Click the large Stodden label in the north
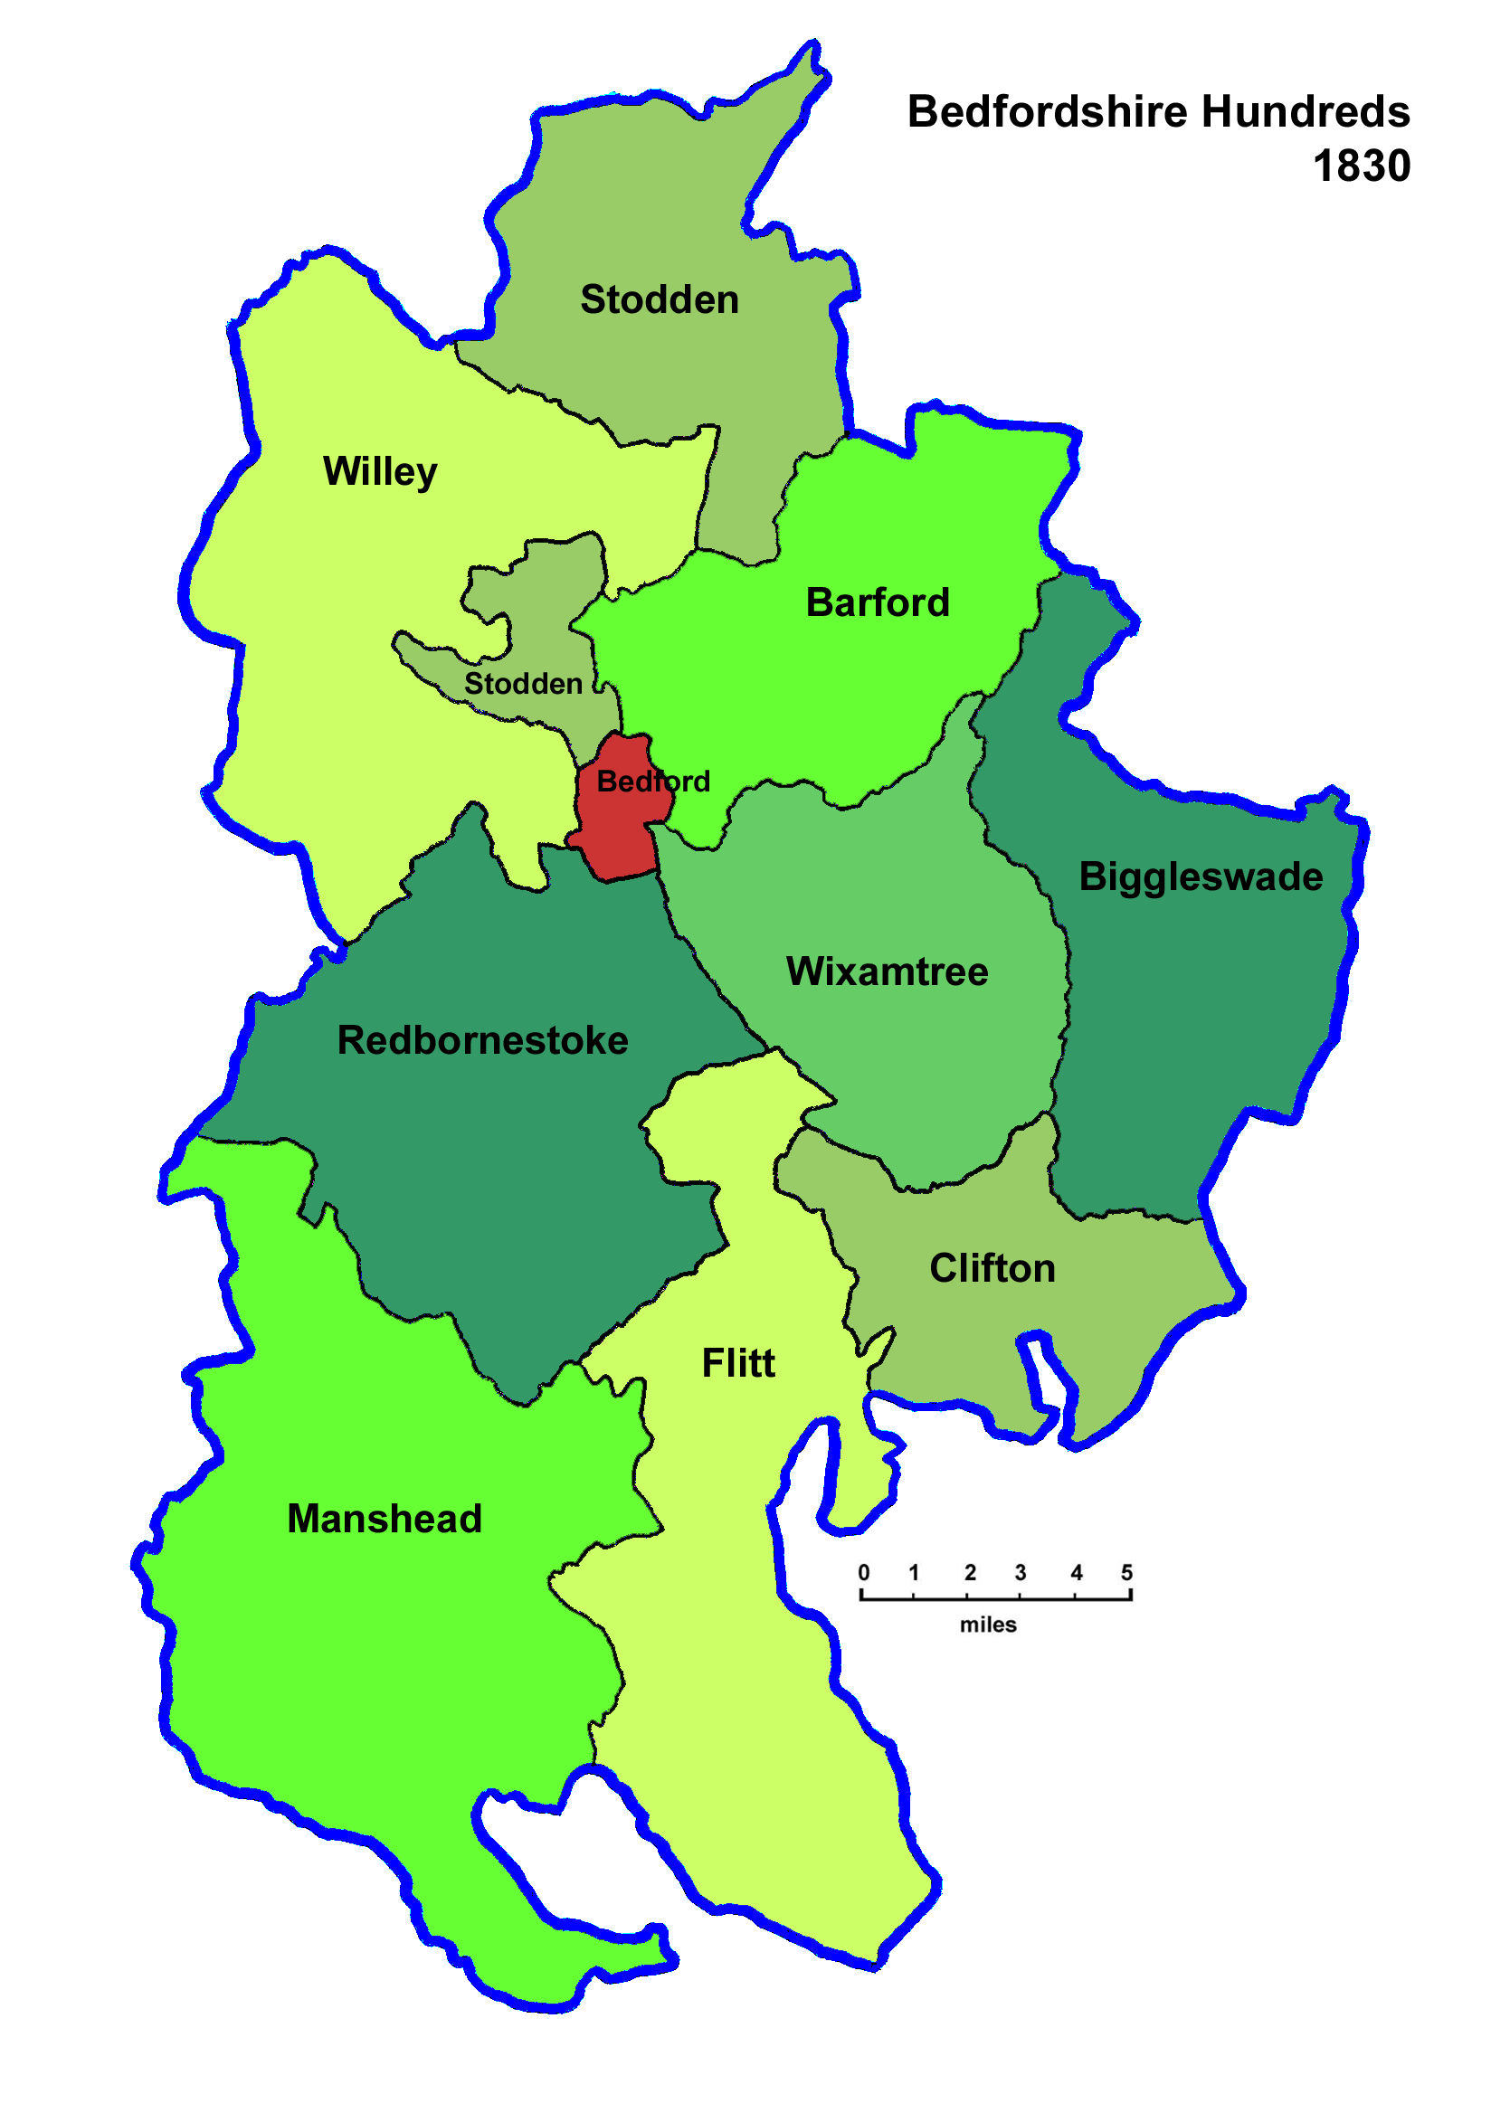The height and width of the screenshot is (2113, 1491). pos(659,300)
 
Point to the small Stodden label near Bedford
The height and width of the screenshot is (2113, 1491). pos(523,684)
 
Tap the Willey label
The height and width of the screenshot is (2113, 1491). pos(380,472)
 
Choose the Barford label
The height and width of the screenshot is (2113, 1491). pos(877,602)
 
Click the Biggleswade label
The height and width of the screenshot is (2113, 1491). pos(1201,877)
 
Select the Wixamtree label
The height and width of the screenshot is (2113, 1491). pos(887,971)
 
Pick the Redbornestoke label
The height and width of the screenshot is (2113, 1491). pos(482,1041)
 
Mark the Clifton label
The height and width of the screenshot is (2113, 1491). pos(992,1268)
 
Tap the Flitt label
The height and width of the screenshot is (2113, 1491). pos(738,1363)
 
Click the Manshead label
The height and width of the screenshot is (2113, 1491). pos(385,1519)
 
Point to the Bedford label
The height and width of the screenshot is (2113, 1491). pos(652,782)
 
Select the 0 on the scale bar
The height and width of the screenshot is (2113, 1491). pos(863,1573)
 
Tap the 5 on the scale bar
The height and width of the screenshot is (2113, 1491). pos(1126,1573)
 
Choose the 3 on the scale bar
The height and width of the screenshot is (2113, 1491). pos(1020,1573)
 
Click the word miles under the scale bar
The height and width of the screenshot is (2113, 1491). pos(988,1625)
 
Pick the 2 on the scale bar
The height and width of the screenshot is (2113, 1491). pos(969,1573)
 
